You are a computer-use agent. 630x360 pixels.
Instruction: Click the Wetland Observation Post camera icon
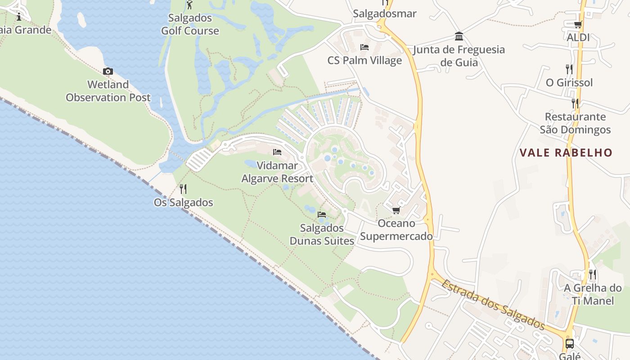coord(108,72)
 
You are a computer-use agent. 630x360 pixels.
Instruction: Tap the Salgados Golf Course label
coord(190,24)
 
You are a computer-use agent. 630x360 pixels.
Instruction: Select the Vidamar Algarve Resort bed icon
coord(277,152)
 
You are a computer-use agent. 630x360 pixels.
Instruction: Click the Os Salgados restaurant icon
coord(183,189)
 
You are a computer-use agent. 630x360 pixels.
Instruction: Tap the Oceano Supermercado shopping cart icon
coord(396,210)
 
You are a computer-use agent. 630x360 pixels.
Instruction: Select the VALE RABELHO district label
coord(566,153)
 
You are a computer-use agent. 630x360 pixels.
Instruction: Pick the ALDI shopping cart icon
coord(578,25)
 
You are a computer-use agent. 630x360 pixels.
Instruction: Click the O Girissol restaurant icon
coord(569,69)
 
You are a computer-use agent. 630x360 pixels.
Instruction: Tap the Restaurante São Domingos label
coord(575,123)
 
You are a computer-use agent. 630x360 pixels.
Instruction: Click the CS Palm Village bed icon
coord(364,47)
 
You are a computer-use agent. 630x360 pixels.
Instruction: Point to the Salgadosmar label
coord(385,13)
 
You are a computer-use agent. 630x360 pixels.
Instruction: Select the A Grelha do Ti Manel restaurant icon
coord(592,274)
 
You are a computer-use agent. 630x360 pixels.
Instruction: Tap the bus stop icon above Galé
coord(570,344)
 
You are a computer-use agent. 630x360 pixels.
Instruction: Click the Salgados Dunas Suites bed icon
coord(322,214)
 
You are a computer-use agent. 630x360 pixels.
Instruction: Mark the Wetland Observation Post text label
coord(108,91)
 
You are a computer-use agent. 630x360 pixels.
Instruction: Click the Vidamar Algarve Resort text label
coord(277,172)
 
